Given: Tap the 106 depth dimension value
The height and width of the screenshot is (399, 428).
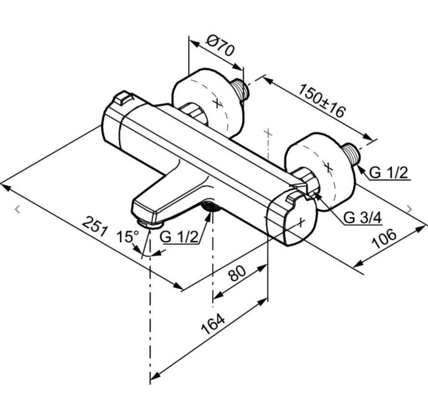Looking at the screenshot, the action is coord(384,239).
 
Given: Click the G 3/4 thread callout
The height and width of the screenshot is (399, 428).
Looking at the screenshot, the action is coord(362,218).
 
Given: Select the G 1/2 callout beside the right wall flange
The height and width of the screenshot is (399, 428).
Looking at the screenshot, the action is coord(388,173).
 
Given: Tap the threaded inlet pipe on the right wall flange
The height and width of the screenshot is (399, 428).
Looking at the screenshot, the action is coord(351,154).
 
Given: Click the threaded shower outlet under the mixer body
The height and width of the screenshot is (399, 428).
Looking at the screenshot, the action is coord(211,206).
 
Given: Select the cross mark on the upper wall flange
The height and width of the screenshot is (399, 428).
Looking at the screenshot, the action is coord(218,103).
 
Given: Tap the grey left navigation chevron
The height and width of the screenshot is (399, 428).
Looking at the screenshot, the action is coord(18,209).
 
